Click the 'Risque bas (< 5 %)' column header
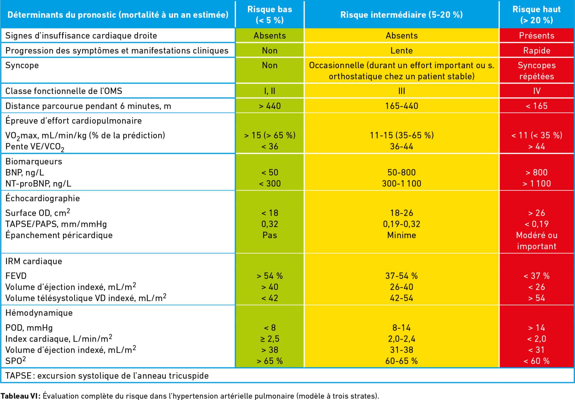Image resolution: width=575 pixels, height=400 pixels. pos(270,15)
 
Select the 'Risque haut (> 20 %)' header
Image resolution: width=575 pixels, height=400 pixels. pos(536,15)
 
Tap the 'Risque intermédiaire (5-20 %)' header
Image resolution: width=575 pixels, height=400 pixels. pos(401,15)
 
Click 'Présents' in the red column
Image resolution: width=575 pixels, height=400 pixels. pos(537,36)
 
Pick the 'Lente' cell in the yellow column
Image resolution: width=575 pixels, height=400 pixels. pos(401,50)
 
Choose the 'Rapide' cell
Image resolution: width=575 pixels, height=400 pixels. pos(537,50)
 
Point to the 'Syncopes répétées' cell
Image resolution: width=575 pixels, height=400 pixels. pos(537,71)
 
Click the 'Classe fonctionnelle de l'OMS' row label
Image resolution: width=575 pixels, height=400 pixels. pos(64,91)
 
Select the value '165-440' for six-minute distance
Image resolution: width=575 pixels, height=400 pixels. pos(401,106)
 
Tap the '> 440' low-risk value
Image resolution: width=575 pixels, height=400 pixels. pos(270,106)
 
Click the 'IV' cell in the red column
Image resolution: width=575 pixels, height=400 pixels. pos(537,91)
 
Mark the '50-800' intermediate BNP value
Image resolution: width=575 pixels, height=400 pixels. pos(401,172)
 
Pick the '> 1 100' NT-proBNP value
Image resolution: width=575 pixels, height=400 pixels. pos(537,184)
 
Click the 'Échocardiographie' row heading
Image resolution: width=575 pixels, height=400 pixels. pos(43,198)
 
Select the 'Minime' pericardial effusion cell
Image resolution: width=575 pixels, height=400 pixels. pos(401,235)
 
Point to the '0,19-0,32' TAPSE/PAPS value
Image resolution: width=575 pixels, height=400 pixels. pos(401,224)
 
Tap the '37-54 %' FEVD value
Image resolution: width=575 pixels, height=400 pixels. pos(401,276)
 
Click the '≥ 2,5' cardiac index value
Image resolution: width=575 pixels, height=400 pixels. pos(270,339)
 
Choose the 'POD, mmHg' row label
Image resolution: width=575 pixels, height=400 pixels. pos(29,328)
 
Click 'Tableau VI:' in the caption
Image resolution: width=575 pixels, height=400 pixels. pos(20,396)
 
